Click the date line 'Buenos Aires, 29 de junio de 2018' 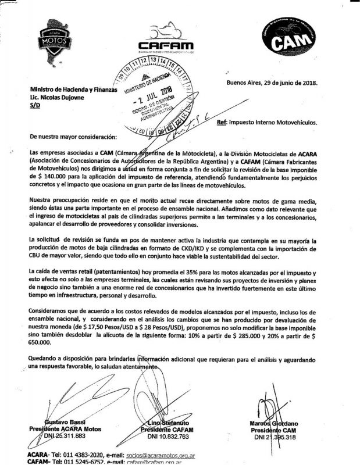(272, 83)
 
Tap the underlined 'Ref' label (220, 123)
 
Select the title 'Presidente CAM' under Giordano (273, 430)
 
